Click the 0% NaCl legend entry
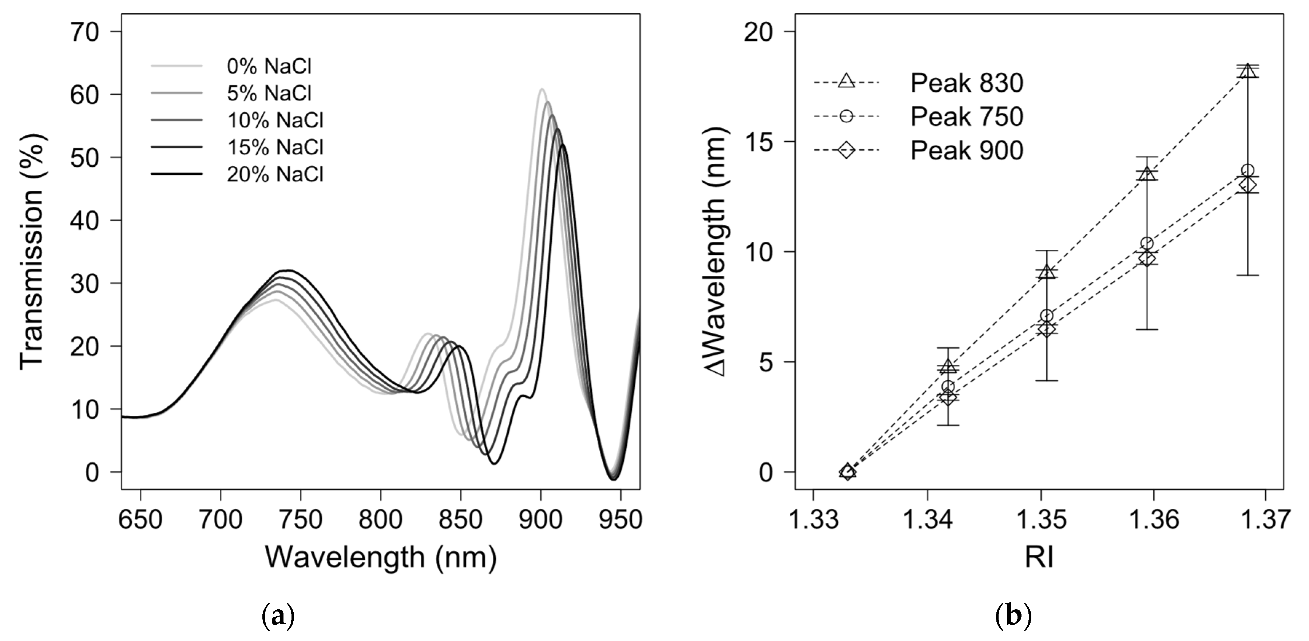269,67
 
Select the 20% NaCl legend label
275,174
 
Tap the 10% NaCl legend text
275,120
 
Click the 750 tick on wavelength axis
301,519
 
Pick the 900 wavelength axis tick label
541,519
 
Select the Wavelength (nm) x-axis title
381,558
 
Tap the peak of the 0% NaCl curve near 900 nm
542,90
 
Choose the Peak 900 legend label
966,151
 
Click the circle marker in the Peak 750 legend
846,116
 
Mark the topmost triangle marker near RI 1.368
1247,70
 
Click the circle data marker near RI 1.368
1247,170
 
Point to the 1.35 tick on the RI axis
1041,519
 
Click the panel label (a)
278,617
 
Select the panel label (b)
1013,617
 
